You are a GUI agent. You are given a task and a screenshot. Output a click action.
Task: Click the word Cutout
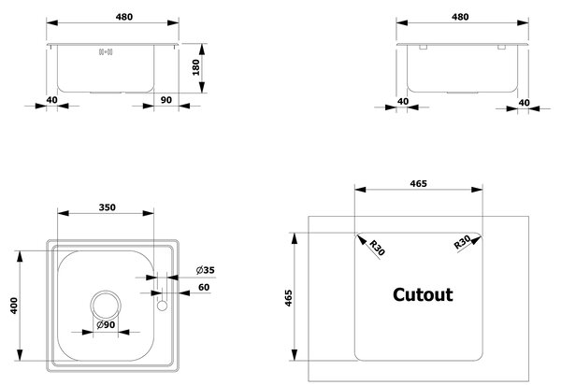[x=423, y=295]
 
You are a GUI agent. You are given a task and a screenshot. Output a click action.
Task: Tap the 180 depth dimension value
[x=195, y=67]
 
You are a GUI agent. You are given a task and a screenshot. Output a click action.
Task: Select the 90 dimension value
[x=166, y=100]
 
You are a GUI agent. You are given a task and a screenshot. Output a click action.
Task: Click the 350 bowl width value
[x=107, y=207]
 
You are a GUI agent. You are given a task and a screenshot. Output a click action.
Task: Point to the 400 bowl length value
[x=14, y=306]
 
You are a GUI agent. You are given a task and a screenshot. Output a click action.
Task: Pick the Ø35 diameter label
[x=206, y=270]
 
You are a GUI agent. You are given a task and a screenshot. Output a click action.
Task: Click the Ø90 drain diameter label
[x=106, y=324]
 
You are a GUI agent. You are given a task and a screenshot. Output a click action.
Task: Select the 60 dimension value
[x=204, y=287]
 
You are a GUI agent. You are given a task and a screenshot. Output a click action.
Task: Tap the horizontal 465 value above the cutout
[x=418, y=184]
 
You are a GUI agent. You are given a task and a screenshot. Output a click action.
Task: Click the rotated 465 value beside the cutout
[x=288, y=298]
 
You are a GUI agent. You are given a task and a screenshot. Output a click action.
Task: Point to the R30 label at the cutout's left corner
[x=377, y=248]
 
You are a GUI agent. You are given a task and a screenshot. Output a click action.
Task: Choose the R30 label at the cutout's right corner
[x=462, y=242]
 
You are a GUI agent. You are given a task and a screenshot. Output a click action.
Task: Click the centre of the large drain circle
[x=106, y=306]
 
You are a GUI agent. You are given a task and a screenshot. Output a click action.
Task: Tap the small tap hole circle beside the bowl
[x=162, y=306]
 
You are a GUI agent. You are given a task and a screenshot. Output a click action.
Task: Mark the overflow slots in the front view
[x=106, y=52]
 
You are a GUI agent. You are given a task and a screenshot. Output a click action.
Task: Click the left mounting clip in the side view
[x=423, y=47]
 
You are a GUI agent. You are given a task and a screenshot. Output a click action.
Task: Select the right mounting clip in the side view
[x=501, y=47]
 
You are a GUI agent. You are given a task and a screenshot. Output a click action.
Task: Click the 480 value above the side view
[x=460, y=17]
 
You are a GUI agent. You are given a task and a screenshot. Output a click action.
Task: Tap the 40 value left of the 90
[x=51, y=100]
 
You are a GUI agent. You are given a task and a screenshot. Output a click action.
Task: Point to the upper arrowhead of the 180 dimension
[x=202, y=50]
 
